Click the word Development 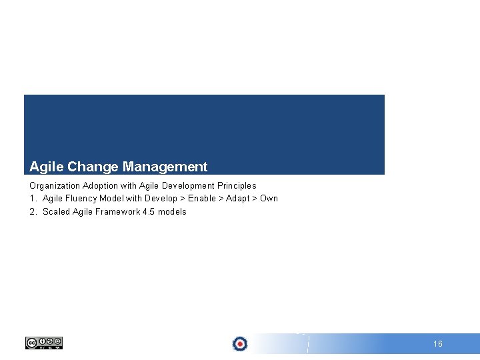click(x=188, y=185)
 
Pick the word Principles click(x=237, y=185)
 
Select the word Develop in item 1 click(x=161, y=198)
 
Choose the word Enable click(x=202, y=198)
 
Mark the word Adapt click(x=238, y=198)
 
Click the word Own click(x=269, y=198)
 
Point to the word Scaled click(x=56, y=211)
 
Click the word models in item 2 click(x=173, y=211)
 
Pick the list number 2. click(x=33, y=211)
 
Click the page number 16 click(x=438, y=344)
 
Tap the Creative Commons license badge click(x=44, y=343)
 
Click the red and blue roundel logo click(x=240, y=344)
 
